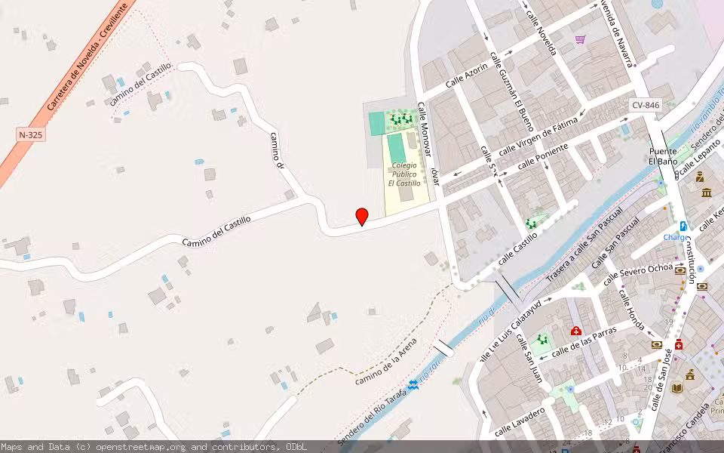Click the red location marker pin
click(x=362, y=217)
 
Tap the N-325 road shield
click(x=29, y=134)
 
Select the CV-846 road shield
click(x=646, y=106)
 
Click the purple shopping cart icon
click(x=580, y=39)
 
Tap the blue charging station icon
click(x=683, y=226)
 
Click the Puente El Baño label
click(x=663, y=156)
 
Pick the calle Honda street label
click(x=630, y=310)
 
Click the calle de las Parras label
click(x=584, y=341)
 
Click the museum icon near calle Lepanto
click(x=707, y=193)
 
